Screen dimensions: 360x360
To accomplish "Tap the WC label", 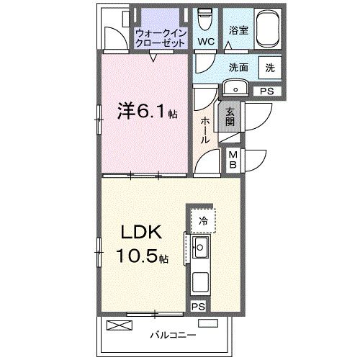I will point(207,42).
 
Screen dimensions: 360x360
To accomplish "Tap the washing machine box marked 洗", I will point(269,67).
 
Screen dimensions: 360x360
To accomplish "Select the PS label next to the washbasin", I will point(266,91).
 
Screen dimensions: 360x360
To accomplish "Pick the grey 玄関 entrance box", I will point(230,117).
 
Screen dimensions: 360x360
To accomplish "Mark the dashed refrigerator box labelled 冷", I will point(204,220).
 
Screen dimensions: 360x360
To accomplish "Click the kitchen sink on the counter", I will point(201,251).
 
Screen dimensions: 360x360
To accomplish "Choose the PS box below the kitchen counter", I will point(197,306).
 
